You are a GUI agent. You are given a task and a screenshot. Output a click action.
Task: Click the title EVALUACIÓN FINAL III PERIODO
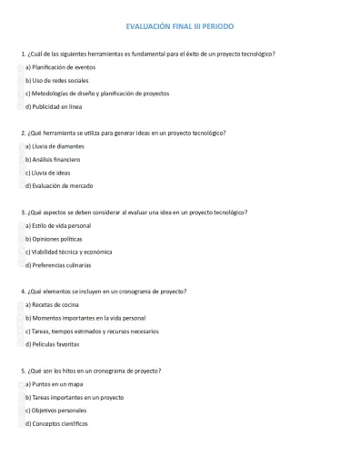click(x=179, y=28)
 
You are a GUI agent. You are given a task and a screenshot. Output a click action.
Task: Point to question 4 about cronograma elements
click(x=104, y=292)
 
